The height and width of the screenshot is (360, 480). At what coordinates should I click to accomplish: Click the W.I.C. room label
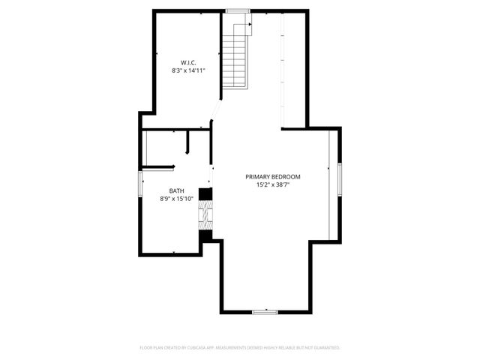[188, 61]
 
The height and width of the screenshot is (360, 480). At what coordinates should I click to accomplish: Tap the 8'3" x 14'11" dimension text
[188, 70]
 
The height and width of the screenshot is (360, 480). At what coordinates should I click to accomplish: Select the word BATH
[176, 190]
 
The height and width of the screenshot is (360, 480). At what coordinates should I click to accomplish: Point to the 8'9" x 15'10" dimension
[176, 199]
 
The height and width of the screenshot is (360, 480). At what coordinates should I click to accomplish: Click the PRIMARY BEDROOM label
[272, 177]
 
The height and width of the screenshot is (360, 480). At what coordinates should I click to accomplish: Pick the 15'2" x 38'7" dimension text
[272, 185]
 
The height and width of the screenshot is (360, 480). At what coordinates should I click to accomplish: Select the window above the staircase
[238, 10]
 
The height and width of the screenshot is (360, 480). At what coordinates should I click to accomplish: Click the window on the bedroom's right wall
[339, 183]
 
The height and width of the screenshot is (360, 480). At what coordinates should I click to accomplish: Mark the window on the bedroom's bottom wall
[265, 311]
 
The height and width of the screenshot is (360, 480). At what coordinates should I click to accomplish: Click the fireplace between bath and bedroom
[204, 215]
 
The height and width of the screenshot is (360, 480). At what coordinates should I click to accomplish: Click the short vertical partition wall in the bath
[188, 142]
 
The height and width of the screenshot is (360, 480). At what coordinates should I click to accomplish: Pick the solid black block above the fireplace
[203, 193]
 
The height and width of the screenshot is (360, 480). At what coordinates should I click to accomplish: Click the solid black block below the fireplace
[203, 237]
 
